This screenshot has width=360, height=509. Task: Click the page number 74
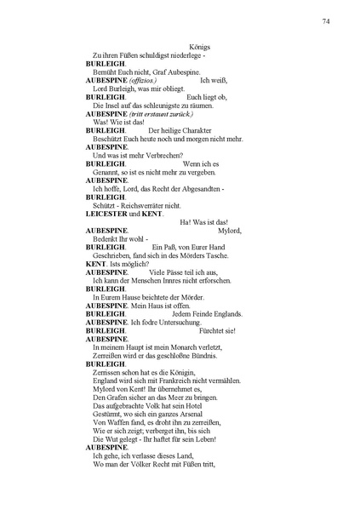click(326, 20)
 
